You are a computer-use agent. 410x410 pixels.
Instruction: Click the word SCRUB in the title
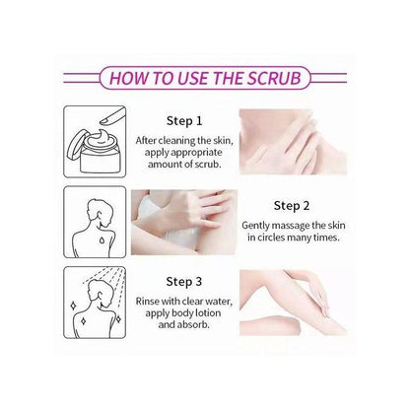(274, 78)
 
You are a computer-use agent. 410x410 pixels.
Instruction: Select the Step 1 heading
(184, 121)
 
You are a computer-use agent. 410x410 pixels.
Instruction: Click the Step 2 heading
(292, 206)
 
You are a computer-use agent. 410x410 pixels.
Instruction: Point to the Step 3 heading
(184, 282)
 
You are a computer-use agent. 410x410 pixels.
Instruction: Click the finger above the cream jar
(112, 117)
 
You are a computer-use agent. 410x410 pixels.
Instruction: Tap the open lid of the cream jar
(77, 145)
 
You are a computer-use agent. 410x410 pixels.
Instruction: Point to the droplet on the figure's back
(102, 240)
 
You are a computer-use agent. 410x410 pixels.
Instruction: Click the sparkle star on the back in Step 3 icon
(84, 321)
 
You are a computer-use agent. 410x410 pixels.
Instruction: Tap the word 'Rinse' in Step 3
(147, 301)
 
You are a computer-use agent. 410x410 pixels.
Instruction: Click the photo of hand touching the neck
(293, 142)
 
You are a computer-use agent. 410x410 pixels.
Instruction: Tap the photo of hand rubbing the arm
(184, 223)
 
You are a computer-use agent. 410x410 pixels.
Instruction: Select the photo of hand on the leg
(293, 303)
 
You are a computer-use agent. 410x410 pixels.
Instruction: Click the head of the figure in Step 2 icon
(100, 211)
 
